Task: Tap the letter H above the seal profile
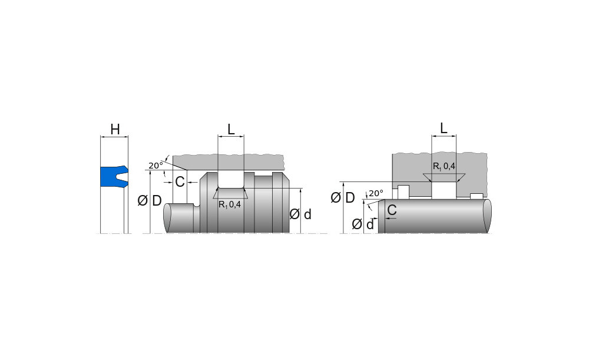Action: click(x=115, y=130)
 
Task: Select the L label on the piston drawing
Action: click(x=231, y=130)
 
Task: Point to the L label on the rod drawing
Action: click(x=444, y=128)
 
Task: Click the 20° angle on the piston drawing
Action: click(x=155, y=166)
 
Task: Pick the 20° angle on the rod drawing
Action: click(x=376, y=193)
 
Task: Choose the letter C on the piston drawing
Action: click(x=180, y=182)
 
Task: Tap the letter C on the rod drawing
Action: click(x=392, y=210)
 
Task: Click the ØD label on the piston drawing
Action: click(x=150, y=201)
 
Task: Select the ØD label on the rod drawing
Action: click(x=343, y=197)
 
